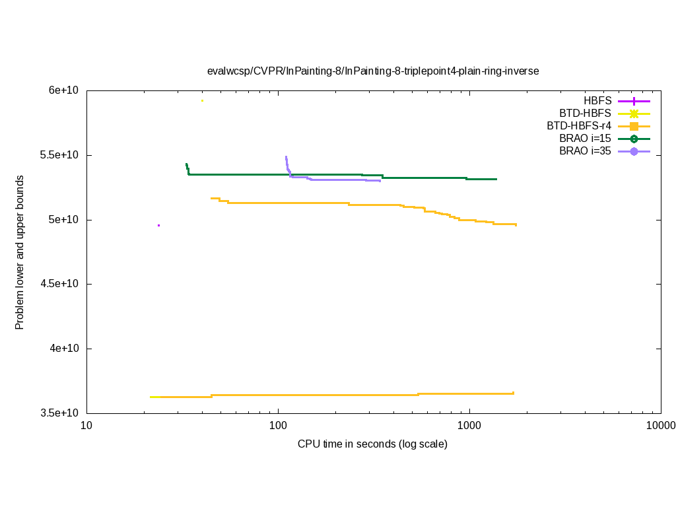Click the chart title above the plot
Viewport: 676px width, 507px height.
(x=373, y=71)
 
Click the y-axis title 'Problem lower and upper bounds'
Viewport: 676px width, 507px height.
(x=20, y=253)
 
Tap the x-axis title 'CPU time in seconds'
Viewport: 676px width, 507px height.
(x=372, y=444)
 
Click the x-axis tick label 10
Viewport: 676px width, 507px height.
(x=86, y=426)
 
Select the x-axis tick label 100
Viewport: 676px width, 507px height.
(x=278, y=426)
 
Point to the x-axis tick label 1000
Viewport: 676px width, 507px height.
(x=469, y=426)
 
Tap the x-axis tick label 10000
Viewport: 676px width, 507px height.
(x=661, y=426)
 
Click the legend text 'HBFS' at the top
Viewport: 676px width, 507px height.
(x=597, y=101)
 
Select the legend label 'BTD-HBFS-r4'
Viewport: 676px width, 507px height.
(x=579, y=126)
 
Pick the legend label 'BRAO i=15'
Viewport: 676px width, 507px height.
(x=585, y=139)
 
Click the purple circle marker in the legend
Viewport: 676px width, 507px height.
(x=634, y=151)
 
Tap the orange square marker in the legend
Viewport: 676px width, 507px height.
(x=634, y=126)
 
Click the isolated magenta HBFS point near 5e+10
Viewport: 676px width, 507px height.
(x=158, y=225)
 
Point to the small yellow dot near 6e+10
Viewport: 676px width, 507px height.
(x=202, y=100)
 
